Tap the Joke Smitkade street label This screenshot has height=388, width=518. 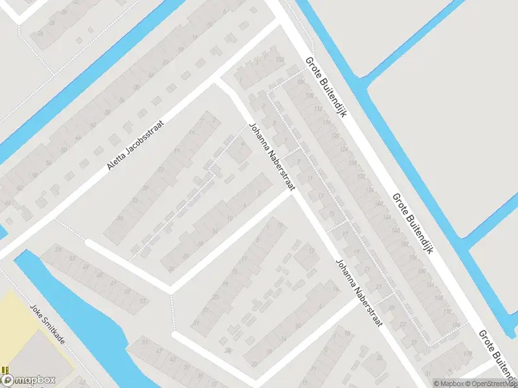pyautogui.click(x=47, y=324)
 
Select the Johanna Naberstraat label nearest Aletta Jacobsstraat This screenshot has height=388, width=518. pyautogui.click(x=272, y=157)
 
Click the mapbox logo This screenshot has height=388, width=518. pyautogui.click(x=28, y=380)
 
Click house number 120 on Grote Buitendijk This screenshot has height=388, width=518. pyautogui.click(x=335, y=136)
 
